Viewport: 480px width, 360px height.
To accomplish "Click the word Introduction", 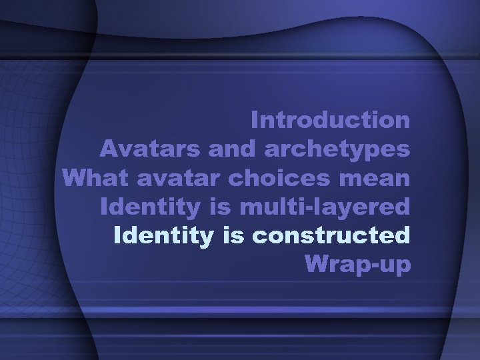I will tap(331, 121).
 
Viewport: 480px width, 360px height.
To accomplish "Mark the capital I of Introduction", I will tap(256, 121).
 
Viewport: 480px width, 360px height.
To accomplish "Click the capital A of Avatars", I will tap(110, 149).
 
